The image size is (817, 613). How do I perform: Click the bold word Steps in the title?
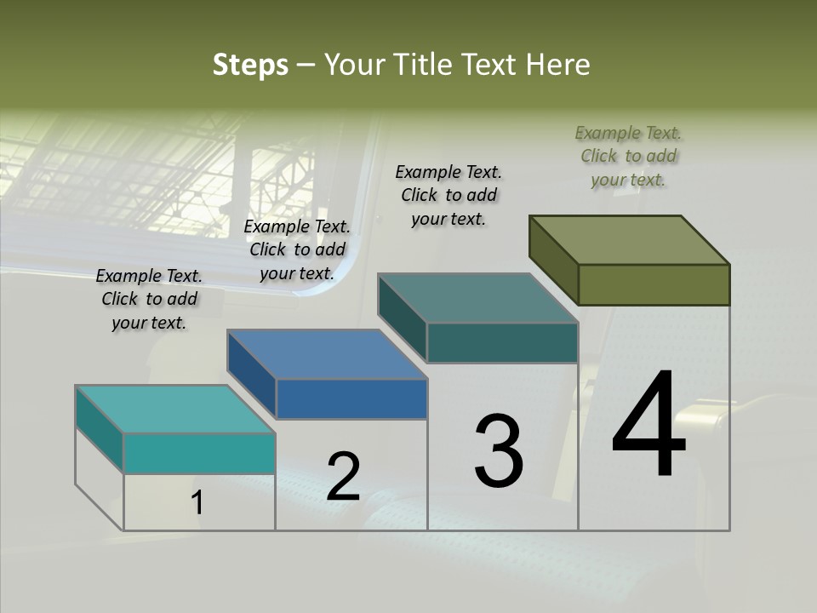(x=250, y=65)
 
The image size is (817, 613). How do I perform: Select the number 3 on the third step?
(x=499, y=451)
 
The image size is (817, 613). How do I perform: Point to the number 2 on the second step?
(x=343, y=477)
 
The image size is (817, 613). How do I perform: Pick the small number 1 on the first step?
(x=197, y=502)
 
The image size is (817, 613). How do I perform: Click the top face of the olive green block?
(x=630, y=239)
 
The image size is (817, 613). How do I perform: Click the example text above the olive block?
(x=629, y=156)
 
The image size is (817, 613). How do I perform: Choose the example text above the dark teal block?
(x=448, y=195)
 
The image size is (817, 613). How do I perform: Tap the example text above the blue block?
(x=297, y=249)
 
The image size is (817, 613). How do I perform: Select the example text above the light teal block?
(x=149, y=299)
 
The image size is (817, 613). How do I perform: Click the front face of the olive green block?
(x=654, y=284)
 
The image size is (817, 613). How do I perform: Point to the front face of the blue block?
(x=351, y=398)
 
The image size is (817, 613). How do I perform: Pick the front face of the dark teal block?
(x=502, y=342)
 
